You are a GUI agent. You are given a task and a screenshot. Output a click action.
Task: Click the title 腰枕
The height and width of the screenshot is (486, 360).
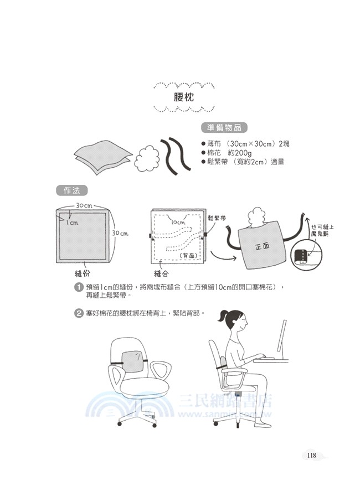(183, 97)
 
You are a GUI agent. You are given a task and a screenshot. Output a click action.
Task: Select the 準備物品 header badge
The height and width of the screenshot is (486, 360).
(224, 128)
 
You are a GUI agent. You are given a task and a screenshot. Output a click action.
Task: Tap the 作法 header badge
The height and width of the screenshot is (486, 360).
(72, 190)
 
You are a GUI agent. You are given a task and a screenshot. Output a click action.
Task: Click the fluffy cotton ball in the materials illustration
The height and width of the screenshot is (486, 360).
(147, 158)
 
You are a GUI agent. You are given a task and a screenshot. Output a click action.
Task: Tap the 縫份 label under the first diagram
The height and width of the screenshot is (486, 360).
(83, 274)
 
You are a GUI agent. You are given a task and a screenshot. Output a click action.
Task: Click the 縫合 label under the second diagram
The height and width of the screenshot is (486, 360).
(162, 274)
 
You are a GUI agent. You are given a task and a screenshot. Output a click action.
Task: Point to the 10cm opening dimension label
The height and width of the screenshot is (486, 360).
(178, 222)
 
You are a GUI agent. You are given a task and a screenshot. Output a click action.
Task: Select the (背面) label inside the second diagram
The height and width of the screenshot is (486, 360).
(188, 256)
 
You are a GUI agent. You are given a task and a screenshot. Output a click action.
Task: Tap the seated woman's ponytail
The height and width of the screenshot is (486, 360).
(223, 317)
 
